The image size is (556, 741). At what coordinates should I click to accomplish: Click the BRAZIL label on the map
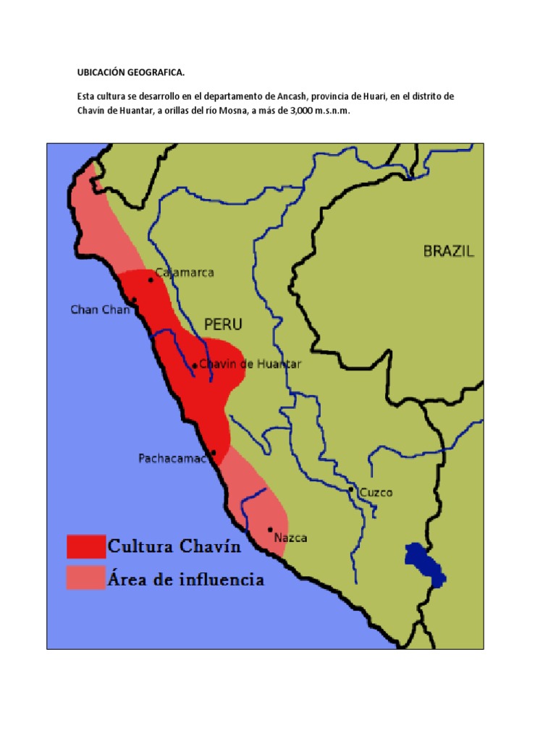pyautogui.click(x=448, y=251)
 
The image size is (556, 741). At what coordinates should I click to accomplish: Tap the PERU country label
pyautogui.click(x=223, y=324)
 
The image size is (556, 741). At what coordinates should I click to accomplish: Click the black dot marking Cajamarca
pyautogui.click(x=151, y=279)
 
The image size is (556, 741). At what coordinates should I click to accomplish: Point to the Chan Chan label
pyautogui.click(x=100, y=310)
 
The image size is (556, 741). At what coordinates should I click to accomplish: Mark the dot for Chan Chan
pyautogui.click(x=134, y=300)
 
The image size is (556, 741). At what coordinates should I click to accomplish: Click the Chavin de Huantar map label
pyautogui.click(x=250, y=365)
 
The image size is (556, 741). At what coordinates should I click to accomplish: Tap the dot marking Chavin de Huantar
pyautogui.click(x=194, y=365)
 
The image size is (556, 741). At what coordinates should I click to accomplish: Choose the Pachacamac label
pyautogui.click(x=173, y=459)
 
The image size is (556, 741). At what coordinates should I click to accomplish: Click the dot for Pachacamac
pyautogui.click(x=213, y=453)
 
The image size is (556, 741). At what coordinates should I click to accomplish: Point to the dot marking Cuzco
pyautogui.click(x=351, y=490)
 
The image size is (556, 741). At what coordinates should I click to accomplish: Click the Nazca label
pyautogui.click(x=291, y=538)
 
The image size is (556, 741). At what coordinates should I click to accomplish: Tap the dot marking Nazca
pyautogui.click(x=270, y=530)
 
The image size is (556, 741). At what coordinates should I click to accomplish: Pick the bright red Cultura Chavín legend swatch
pyautogui.click(x=85, y=546)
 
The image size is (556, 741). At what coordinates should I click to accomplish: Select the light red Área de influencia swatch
pyautogui.click(x=85, y=579)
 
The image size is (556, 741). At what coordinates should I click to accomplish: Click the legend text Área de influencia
pyautogui.click(x=185, y=580)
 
